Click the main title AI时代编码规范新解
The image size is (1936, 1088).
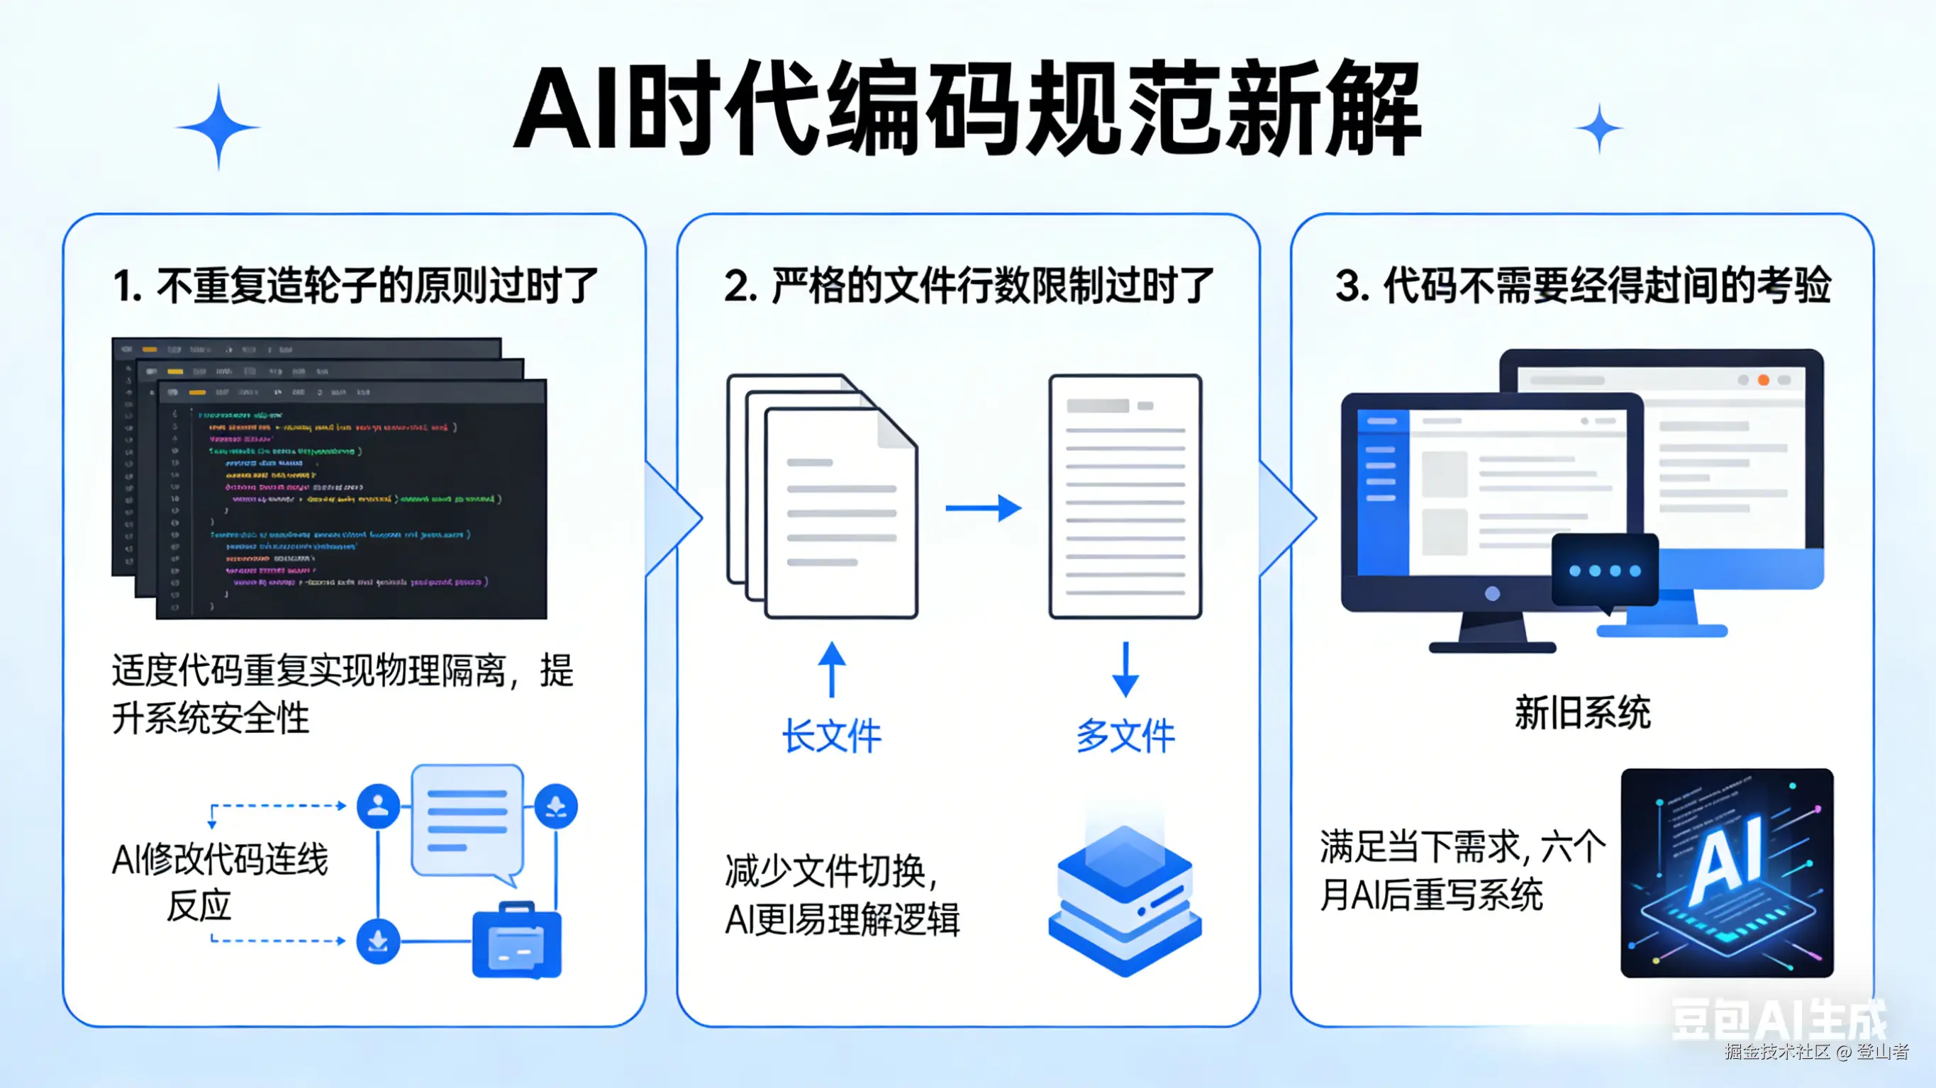[x=967, y=111]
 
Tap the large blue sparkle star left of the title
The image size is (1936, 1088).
[x=218, y=127]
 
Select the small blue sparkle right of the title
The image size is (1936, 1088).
[x=1598, y=128]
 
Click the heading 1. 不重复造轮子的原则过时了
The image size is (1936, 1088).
[x=355, y=286]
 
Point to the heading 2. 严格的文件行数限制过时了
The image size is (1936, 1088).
[x=969, y=286]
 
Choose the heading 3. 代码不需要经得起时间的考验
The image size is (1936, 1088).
[x=1583, y=286]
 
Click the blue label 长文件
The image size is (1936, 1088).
[x=831, y=735]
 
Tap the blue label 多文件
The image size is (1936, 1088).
[x=1125, y=735]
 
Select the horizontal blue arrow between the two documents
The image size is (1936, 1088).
[x=983, y=508]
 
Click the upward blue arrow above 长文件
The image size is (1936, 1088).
[x=831, y=668]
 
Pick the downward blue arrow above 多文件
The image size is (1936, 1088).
[x=1125, y=668]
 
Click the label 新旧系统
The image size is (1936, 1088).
[x=1582, y=712]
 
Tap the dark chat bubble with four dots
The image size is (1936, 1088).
[x=1605, y=570]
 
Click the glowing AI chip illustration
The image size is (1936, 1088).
[x=1726, y=873]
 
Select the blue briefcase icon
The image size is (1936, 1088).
[x=516, y=941]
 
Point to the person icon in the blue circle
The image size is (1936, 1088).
[x=378, y=806]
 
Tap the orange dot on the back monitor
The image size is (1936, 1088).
[x=1763, y=380]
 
